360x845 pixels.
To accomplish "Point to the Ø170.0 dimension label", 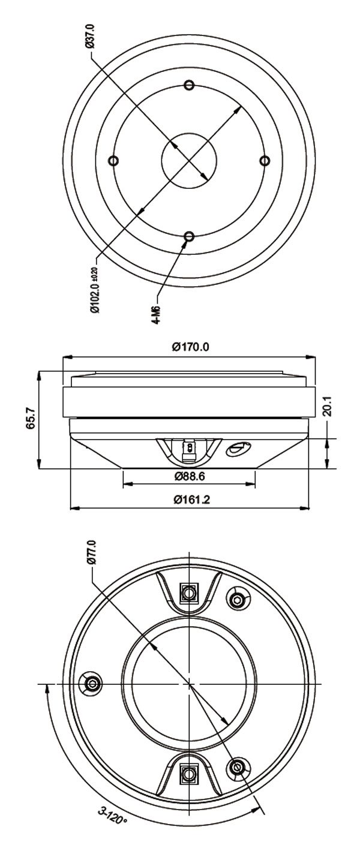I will tap(190, 347).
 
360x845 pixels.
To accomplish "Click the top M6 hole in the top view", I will tap(189, 85).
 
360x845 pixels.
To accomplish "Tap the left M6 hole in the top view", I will tap(113, 160).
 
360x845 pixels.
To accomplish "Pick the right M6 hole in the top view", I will tap(265, 160).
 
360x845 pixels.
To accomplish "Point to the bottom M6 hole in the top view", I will tap(189, 237).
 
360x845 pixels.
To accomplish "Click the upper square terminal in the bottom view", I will tap(189, 594).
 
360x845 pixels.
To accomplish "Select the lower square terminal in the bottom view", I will tap(189, 774).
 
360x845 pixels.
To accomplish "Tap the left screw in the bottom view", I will tap(92, 684).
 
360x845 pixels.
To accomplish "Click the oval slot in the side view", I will tap(238, 447).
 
